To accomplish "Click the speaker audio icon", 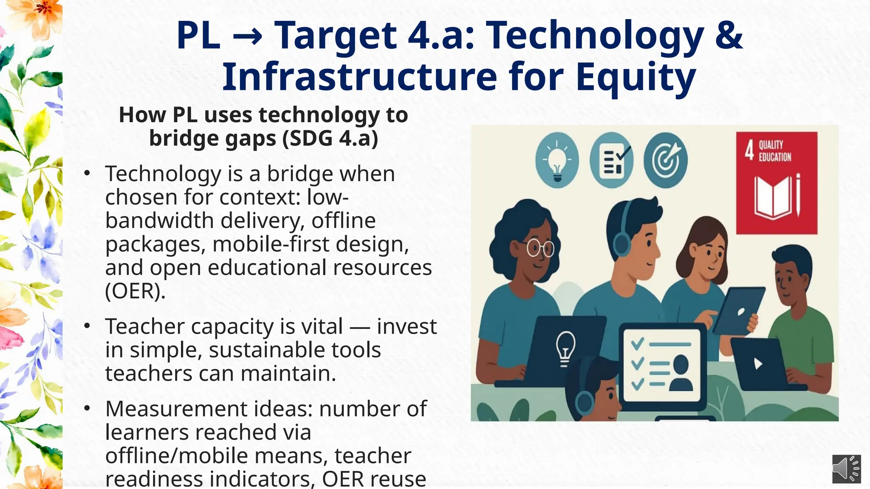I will tap(846, 469).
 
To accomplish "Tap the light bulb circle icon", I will tap(557, 160).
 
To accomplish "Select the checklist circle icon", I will tap(611, 160).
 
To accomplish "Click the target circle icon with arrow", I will tap(665, 160).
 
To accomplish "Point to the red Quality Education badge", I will tap(777, 183).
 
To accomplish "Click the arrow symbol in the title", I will tap(247, 36).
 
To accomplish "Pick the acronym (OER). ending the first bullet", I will tap(135, 291).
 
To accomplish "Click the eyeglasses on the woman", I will tap(540, 248).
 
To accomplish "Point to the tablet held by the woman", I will tap(738, 310).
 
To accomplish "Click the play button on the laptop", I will tap(758, 363).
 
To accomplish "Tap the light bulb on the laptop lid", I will tap(565, 348).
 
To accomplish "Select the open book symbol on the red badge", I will tap(773, 197).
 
